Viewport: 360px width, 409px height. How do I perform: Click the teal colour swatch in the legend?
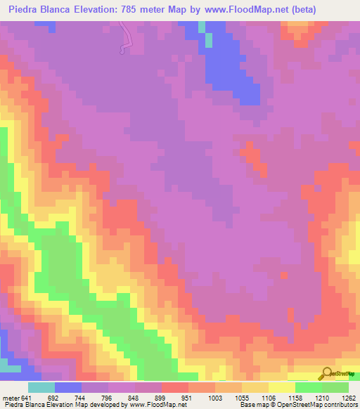(41, 387)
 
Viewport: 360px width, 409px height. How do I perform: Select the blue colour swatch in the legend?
(68, 387)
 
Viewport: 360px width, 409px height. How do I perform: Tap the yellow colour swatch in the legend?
(281, 387)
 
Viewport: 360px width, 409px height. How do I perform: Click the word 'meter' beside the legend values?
(11, 397)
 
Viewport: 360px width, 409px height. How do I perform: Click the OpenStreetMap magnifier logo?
(328, 373)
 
